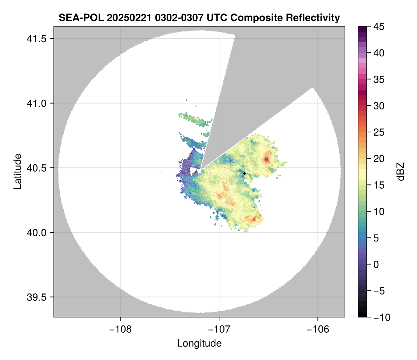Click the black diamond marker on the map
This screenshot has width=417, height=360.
click(244, 173)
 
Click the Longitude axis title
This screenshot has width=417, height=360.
click(199, 343)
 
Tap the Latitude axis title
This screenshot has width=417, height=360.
click(17, 171)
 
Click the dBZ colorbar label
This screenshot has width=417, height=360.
click(401, 171)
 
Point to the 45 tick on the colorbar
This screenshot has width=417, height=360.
click(379, 27)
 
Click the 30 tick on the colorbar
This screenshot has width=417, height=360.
click(379, 106)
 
